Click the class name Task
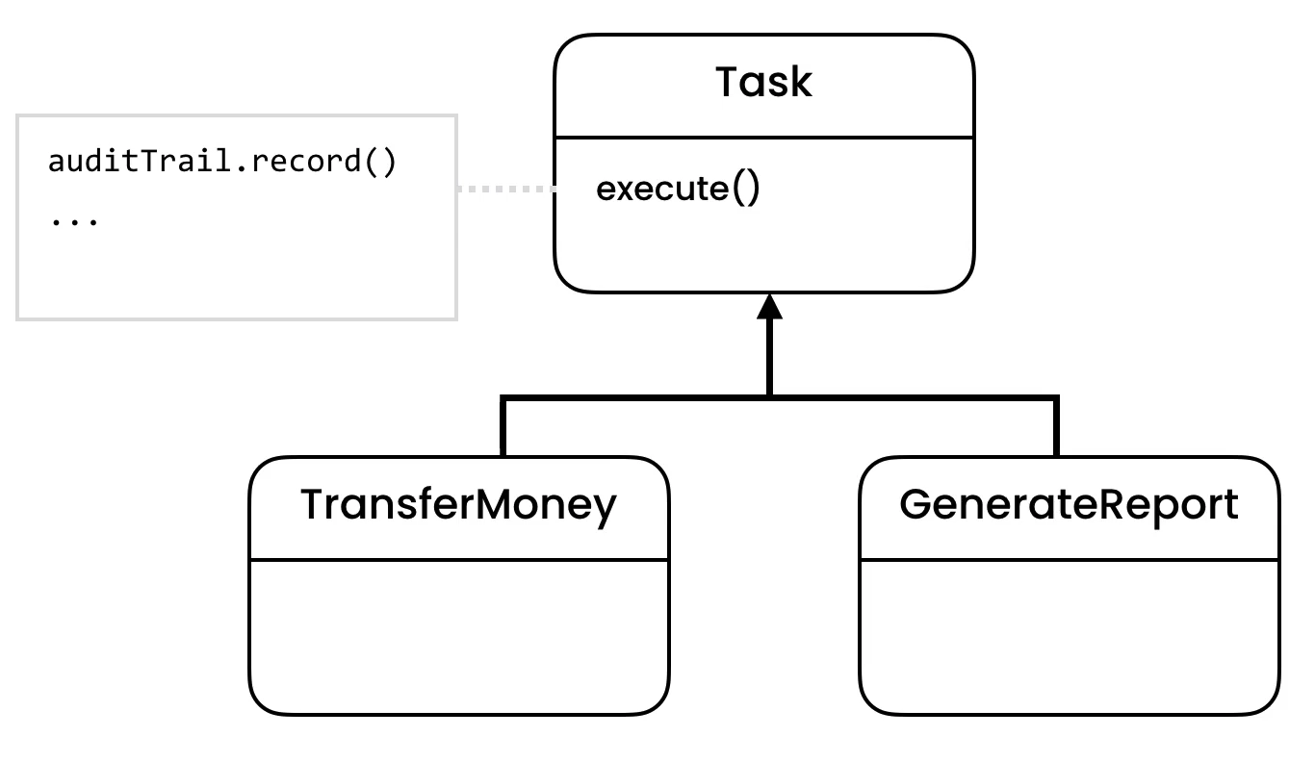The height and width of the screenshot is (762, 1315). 763,83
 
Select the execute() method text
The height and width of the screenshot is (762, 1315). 678,189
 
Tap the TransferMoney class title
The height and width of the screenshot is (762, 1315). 458,505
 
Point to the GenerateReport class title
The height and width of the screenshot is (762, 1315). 1069,505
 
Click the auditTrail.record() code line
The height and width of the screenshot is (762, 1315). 221,162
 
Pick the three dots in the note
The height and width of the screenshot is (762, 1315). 73,220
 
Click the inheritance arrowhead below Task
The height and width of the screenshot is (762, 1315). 768,307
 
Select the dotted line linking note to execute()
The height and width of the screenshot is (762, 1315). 506,189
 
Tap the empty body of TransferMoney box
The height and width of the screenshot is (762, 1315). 458,635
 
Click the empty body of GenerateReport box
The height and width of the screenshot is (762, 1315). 1069,635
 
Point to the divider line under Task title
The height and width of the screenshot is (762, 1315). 763,137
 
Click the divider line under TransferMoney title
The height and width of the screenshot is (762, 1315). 458,559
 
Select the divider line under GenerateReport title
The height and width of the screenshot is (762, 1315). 1069,559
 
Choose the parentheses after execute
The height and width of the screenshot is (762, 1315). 746,189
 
